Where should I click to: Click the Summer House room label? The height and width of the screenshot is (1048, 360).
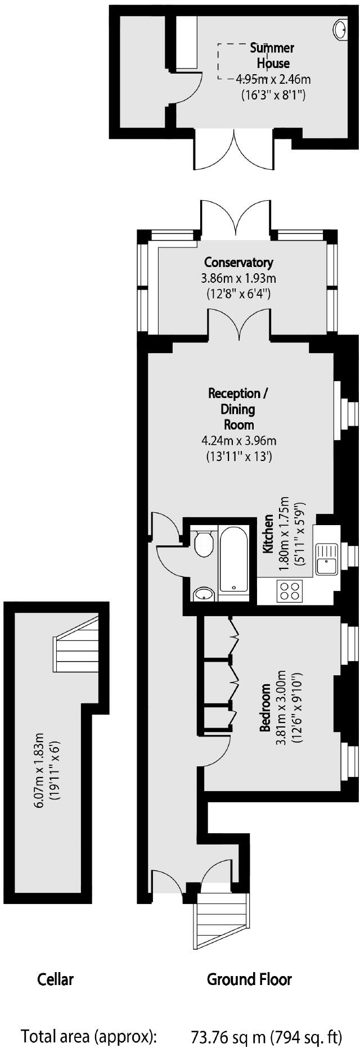[x=272, y=56]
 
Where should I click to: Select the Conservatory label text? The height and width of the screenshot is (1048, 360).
[x=238, y=262]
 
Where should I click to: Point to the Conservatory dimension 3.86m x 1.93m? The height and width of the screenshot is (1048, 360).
[x=238, y=278]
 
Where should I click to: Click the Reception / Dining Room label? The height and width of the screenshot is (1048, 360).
[x=238, y=409]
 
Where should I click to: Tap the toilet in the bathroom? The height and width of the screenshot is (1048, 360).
[x=202, y=543]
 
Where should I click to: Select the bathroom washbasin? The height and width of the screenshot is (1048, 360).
[x=203, y=594]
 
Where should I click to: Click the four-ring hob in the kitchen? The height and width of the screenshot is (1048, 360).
[x=290, y=590]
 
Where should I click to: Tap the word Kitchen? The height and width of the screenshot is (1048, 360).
[x=269, y=533]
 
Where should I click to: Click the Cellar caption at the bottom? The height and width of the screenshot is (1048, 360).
[x=55, y=979]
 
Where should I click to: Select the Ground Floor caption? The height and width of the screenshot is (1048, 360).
[x=249, y=979]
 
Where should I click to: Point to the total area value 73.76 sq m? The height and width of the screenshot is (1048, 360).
[x=229, y=1020]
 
